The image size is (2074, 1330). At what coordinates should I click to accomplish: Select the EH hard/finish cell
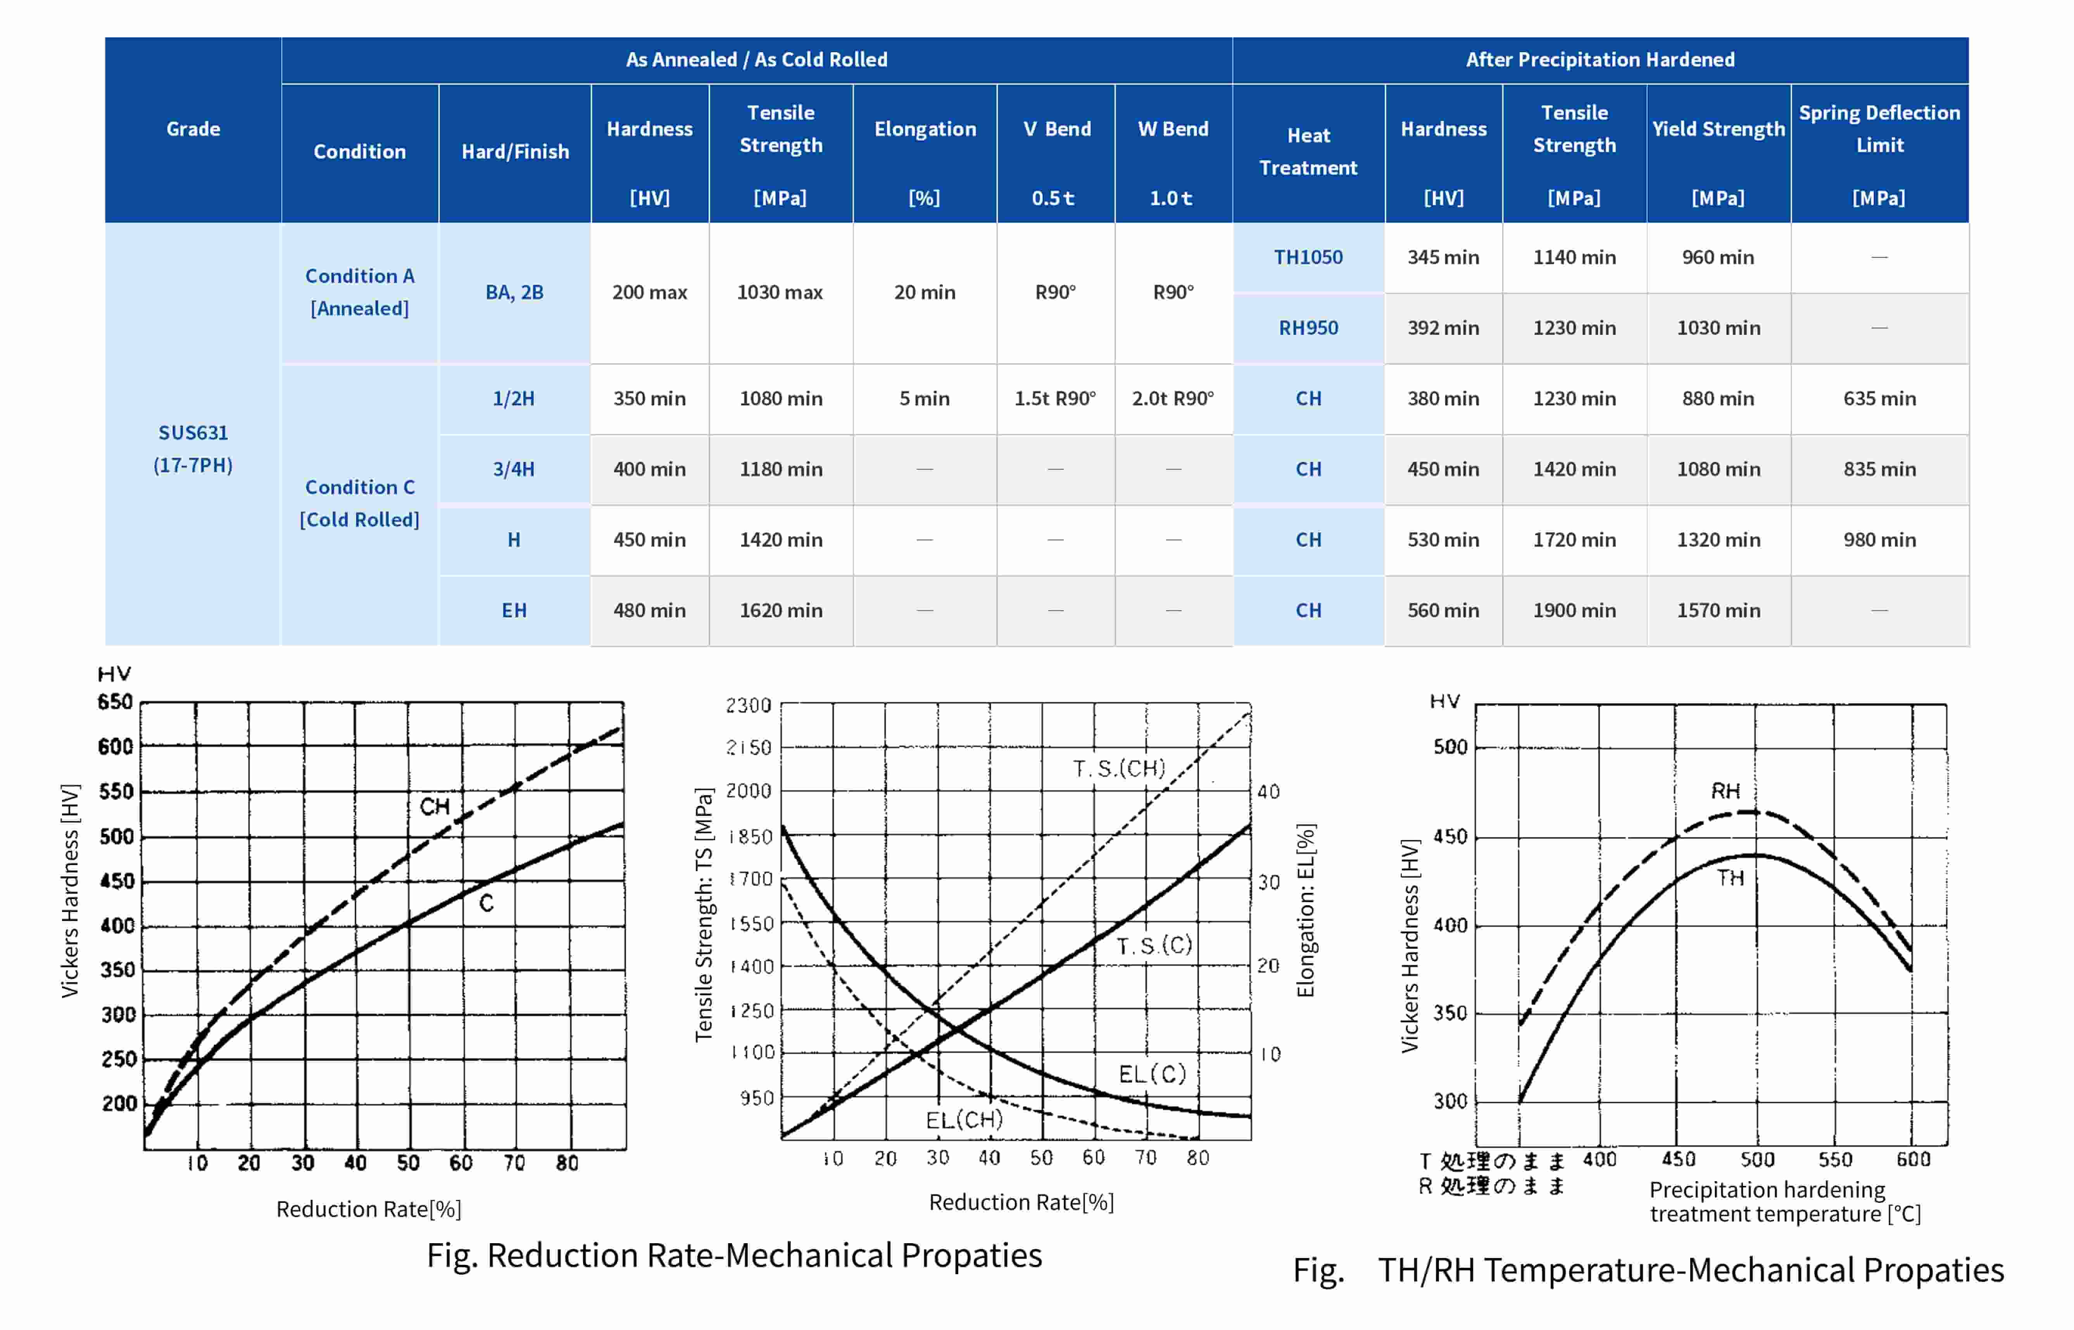point(514,611)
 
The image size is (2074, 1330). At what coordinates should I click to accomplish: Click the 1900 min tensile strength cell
point(1574,611)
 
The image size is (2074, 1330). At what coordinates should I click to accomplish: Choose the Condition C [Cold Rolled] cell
point(359,503)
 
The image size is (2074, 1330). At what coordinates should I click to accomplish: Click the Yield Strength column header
point(1718,129)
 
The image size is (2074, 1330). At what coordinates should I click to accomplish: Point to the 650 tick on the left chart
point(115,702)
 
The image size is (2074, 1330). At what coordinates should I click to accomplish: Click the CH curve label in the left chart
point(435,806)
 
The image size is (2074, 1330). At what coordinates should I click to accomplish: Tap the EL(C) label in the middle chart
point(1152,1074)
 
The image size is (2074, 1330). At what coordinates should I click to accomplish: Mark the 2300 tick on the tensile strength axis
point(748,706)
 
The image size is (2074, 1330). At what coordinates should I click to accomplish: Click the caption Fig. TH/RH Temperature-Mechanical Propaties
point(1648,1270)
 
